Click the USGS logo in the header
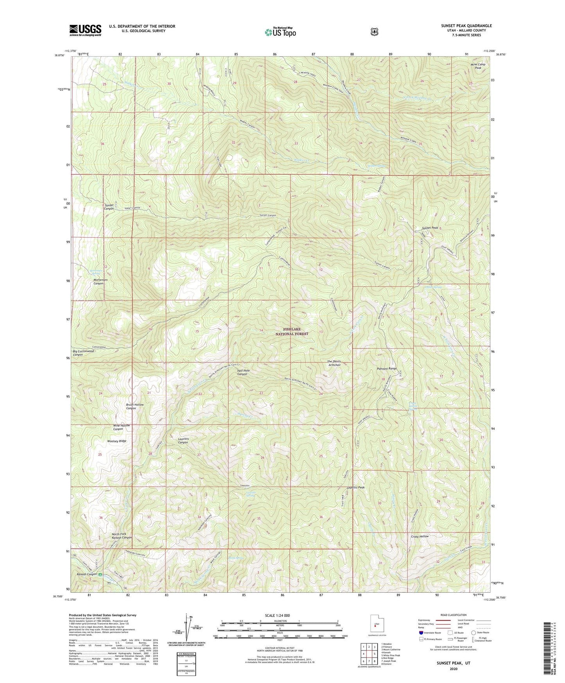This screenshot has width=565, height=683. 85,30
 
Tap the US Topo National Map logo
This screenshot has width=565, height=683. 280,32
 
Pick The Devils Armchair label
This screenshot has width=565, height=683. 334,363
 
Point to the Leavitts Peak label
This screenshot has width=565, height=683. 355,487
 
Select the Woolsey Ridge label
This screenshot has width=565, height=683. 117,441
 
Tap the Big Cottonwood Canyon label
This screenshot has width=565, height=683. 83,353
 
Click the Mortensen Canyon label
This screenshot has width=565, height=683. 98,282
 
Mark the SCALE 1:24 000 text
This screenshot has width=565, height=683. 277,616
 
